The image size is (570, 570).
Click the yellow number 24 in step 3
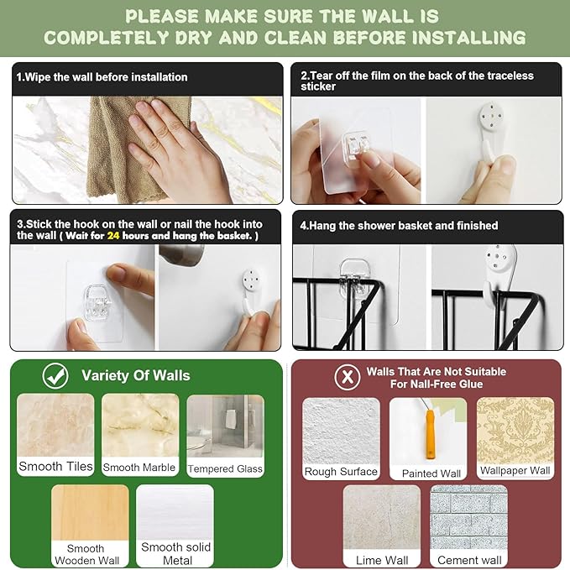click(113, 236)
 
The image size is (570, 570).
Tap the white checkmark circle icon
click(55, 376)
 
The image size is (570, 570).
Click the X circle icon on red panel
click(348, 377)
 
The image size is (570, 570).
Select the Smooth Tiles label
click(55, 466)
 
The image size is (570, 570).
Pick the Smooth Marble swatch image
click(140, 426)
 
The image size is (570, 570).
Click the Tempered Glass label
click(225, 469)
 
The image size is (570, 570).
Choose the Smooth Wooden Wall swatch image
click(90, 513)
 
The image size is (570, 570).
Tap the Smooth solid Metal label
click(175, 553)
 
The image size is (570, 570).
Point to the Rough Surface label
click(341, 472)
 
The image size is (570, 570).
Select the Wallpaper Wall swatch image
click(515, 431)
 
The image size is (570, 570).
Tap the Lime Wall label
click(382, 560)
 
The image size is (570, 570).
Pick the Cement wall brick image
click(468, 517)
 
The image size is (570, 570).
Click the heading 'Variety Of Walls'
click(136, 375)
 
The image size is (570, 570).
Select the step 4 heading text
click(399, 225)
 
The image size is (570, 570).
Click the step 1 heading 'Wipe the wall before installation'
click(102, 77)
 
